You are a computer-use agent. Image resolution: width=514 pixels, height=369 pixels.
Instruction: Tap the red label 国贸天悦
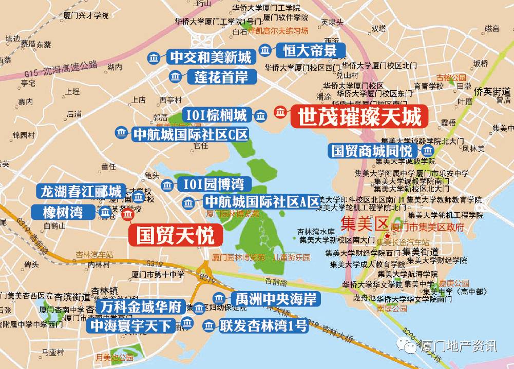pyautogui.click(x=175, y=236)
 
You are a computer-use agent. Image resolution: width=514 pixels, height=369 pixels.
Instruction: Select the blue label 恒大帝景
pyautogui.click(x=310, y=50)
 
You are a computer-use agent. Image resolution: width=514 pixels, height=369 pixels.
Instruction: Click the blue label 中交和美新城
pyautogui.click(x=211, y=57)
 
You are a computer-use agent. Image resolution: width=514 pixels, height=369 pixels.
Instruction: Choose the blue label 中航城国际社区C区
pyautogui.click(x=191, y=134)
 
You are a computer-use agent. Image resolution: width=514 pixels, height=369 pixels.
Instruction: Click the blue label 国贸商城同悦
pyautogui.click(x=372, y=151)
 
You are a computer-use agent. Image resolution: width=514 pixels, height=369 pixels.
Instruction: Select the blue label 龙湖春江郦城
pyautogui.click(x=81, y=192)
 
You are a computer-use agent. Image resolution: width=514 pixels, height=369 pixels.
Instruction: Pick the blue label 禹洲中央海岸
pyautogui.click(x=275, y=298)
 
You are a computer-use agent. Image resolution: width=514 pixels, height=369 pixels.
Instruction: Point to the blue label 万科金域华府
pyautogui.click(x=142, y=307)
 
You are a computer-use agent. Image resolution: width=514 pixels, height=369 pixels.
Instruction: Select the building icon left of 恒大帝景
pyautogui.click(x=265, y=50)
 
